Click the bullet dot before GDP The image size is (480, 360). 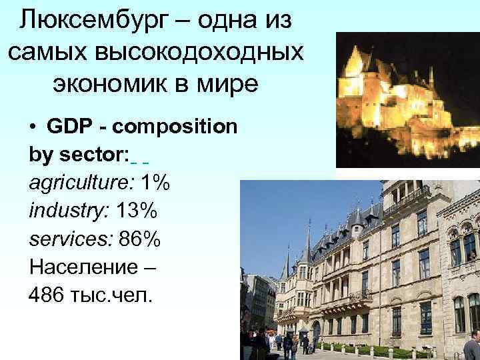point(33,127)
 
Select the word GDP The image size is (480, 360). point(67,127)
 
